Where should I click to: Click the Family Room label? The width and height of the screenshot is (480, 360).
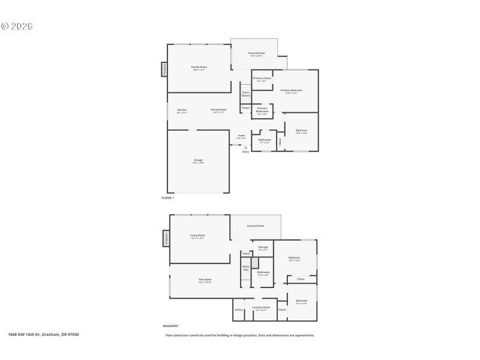pos(199,67)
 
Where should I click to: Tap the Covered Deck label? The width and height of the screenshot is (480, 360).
pos(256,53)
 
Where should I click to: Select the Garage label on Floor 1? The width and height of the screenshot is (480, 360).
pos(198,161)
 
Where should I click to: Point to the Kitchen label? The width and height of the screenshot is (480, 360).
pos(182,110)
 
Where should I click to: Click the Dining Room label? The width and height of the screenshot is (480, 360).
pos(218,110)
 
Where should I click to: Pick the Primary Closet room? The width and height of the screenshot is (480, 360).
pos(262,79)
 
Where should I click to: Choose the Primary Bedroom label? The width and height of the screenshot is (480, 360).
pos(291,91)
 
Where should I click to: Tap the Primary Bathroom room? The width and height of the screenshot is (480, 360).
pos(262,112)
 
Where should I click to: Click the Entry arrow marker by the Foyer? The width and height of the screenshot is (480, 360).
pos(245,147)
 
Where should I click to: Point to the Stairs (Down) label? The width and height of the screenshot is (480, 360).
pos(245,94)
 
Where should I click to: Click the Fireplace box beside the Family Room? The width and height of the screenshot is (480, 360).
pos(164,70)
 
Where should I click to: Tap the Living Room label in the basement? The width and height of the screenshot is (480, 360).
pos(198,236)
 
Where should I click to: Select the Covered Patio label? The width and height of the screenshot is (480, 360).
pos(256,226)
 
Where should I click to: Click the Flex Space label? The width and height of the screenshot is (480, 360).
pos(205,280)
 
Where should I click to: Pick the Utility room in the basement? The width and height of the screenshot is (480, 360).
pos(239,310)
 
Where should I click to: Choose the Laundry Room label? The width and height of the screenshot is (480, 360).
pos(261,308)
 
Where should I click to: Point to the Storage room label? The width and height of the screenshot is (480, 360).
pos(263,247)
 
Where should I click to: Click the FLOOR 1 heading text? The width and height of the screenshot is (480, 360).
pos(167,198)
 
